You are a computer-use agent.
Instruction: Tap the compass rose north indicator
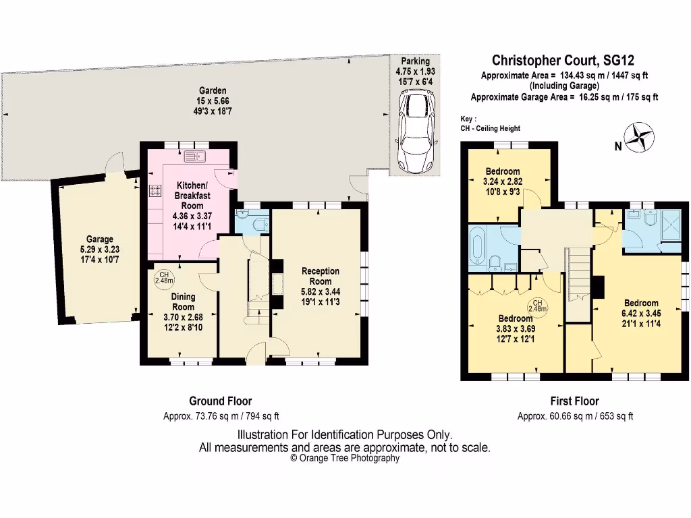point(639,138)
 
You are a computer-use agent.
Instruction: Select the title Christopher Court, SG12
point(564,61)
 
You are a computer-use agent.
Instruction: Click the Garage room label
point(99,239)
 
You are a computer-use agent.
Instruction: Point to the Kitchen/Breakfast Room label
point(188,196)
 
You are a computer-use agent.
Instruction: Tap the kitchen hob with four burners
point(154,191)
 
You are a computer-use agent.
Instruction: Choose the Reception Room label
point(320,276)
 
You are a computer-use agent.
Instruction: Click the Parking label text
point(412,61)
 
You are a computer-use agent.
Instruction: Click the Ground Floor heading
point(220,401)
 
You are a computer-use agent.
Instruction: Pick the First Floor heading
point(574,401)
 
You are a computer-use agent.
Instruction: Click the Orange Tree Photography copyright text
point(344,458)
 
